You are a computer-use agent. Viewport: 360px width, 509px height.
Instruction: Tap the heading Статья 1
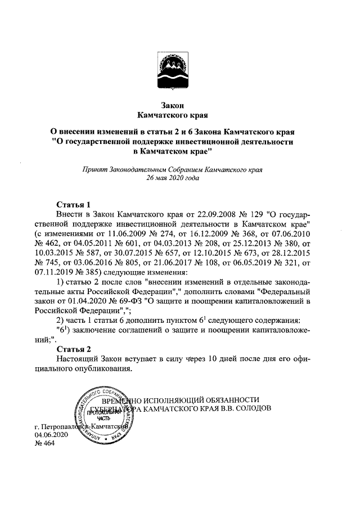[x=74, y=204]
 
